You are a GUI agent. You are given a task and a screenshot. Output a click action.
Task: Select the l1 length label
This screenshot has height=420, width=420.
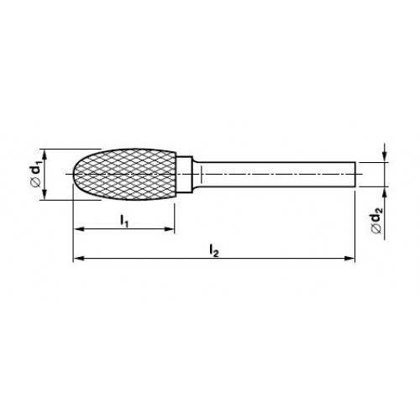pyautogui.click(x=124, y=220)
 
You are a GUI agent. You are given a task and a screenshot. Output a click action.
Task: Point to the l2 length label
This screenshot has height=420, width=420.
pyautogui.click(x=214, y=250)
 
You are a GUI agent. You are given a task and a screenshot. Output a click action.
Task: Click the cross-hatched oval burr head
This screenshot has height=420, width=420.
pyautogui.click(x=124, y=175)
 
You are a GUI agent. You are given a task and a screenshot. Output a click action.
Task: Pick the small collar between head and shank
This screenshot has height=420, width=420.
pyautogui.click(x=185, y=175)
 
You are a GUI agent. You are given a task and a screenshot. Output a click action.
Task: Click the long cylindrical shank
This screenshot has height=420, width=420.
pyautogui.click(x=275, y=175)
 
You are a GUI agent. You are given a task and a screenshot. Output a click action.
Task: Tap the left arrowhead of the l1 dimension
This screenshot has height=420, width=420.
pyautogui.click(x=78, y=229)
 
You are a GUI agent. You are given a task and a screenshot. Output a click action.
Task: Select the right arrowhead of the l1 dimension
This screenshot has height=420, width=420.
pyautogui.click(x=170, y=229)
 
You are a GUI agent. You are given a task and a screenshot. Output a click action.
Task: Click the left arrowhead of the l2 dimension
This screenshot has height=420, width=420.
pyautogui.click(x=78, y=258)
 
